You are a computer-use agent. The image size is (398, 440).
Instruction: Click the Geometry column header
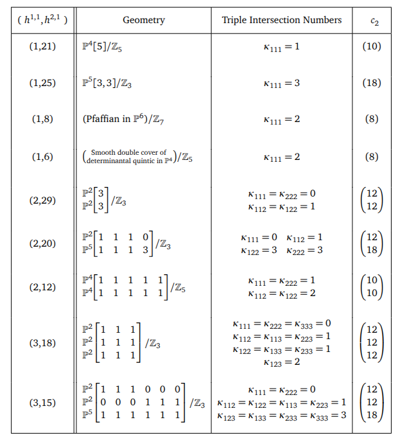tap(143, 20)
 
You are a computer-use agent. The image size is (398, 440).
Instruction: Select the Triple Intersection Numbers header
tap(281, 20)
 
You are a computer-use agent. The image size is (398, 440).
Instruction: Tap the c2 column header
tap(374, 21)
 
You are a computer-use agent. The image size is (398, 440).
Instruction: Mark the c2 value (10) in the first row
tap(371, 47)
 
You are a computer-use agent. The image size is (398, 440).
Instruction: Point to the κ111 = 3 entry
tap(281, 83)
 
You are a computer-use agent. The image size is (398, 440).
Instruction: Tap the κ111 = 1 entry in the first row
tap(281, 47)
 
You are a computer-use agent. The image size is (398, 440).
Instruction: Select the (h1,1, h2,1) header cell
tap(42, 20)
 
